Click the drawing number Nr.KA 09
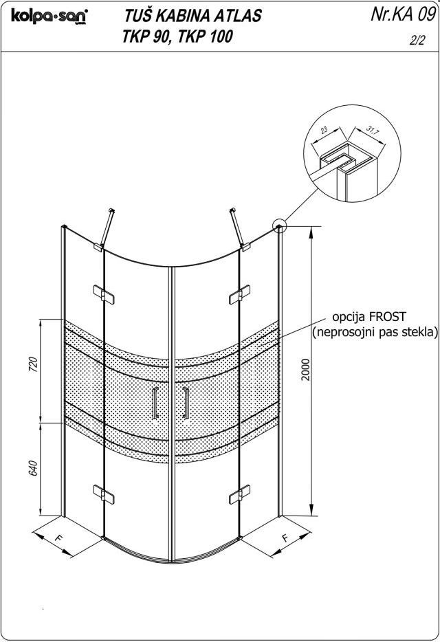[x=402, y=16]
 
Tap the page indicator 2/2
[x=417, y=41]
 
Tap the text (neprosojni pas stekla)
[x=375, y=333]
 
